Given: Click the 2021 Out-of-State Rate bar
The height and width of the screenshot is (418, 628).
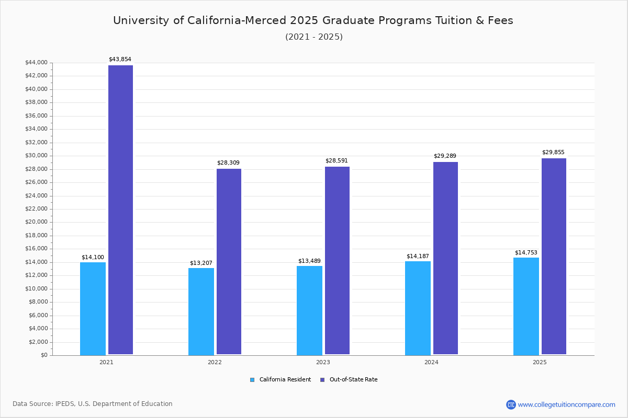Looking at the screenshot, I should coord(120,209).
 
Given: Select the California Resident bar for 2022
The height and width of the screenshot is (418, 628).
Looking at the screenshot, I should coord(201,311).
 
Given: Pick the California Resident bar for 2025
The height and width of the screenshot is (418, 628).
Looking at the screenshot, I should coord(526,306).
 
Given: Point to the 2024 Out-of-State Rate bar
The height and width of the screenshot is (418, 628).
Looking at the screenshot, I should coord(445,258).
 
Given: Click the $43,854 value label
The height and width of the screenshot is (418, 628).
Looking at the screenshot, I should coord(120,60).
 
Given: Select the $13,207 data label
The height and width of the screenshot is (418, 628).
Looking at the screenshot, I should coord(201,263).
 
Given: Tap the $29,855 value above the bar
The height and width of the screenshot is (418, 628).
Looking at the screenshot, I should coord(553,153).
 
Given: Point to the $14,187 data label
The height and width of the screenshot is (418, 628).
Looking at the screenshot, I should coord(418,257).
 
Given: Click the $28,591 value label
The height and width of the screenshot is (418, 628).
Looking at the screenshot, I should coord(337,161).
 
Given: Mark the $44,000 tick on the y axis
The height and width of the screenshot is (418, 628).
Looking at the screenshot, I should coord(36,63).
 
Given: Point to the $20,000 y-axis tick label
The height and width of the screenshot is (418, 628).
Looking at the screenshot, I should coord(36,222).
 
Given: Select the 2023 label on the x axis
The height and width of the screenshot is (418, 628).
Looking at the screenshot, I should coord(323,362).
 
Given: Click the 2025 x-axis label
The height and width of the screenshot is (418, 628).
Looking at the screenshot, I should coord(540,362).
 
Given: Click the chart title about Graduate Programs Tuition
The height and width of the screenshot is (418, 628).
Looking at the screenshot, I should coord(313,20).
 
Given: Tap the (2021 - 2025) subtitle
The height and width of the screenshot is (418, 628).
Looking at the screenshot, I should coord(313,37).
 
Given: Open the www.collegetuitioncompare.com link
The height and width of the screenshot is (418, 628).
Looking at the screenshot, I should coord(566,404).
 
